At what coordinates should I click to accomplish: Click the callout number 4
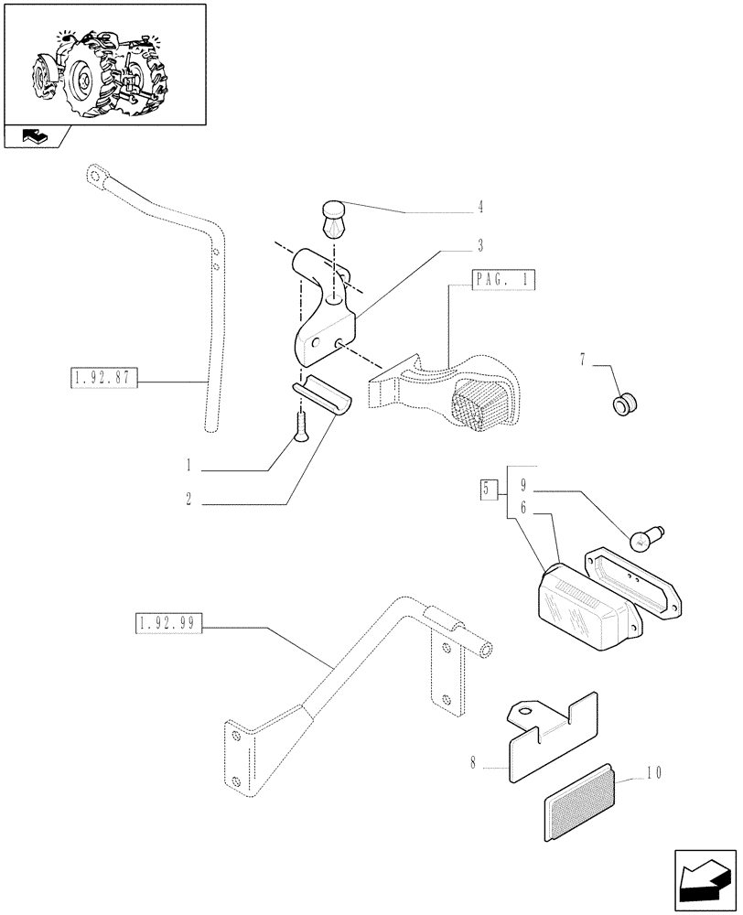point(479,208)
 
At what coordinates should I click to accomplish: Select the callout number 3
point(479,246)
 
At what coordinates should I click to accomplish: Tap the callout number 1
point(188,466)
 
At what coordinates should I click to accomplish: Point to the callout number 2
point(188,501)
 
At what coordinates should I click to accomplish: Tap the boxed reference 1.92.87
point(102,377)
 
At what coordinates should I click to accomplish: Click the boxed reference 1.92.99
point(168,624)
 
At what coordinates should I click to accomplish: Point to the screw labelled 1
point(300,426)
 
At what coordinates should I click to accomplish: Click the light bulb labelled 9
point(648,539)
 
